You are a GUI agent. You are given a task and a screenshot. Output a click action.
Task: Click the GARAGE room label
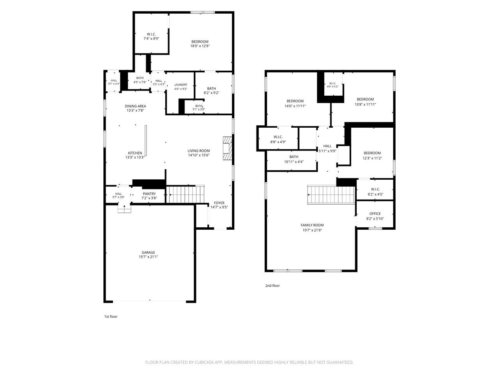click(x=148, y=252)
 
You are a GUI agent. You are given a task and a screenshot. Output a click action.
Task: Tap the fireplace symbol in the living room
click(x=227, y=148)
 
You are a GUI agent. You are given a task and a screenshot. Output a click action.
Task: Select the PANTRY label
click(x=149, y=194)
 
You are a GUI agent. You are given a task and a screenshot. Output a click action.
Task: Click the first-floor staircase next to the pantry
click(x=185, y=194)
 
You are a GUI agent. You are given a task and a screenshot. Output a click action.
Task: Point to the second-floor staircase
click(x=331, y=195)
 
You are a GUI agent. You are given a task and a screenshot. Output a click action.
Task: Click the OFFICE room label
click(x=375, y=214)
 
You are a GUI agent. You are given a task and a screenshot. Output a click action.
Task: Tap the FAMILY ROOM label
click(x=312, y=225)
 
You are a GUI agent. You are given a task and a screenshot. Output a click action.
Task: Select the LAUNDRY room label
click(x=181, y=85)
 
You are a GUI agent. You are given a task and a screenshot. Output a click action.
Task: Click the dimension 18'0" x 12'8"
click(x=200, y=46)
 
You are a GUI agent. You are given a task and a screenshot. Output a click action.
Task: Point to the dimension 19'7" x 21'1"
click(x=148, y=257)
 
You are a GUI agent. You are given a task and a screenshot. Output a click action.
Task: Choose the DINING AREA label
click(x=135, y=106)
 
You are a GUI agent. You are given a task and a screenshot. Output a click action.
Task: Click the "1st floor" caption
click(x=111, y=316)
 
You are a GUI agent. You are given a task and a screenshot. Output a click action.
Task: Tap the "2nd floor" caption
click(x=273, y=286)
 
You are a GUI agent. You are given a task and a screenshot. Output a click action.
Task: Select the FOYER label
click(x=219, y=203)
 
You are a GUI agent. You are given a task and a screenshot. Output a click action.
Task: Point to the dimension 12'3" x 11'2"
click(x=372, y=158)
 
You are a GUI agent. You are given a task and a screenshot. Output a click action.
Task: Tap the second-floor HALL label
click(x=327, y=146)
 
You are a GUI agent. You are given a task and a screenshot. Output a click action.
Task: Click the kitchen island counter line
click(x=146, y=141)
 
